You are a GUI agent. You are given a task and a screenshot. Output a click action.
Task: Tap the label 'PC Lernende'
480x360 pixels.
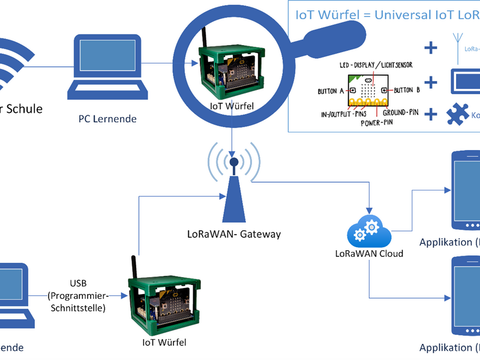click(107, 119)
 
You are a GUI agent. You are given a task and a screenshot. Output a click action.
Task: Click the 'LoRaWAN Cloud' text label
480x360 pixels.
click(369, 253)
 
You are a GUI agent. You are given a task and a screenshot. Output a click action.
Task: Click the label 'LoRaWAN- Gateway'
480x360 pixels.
click(234, 234)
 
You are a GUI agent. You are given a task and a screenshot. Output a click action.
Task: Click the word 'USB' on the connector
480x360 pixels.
click(77, 283)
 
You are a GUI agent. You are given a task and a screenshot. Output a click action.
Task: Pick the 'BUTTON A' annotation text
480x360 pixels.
click(331, 91)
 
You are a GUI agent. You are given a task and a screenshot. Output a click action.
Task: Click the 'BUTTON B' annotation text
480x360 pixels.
click(405, 91)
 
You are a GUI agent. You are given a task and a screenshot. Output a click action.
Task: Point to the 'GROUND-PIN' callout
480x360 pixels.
click(401, 112)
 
